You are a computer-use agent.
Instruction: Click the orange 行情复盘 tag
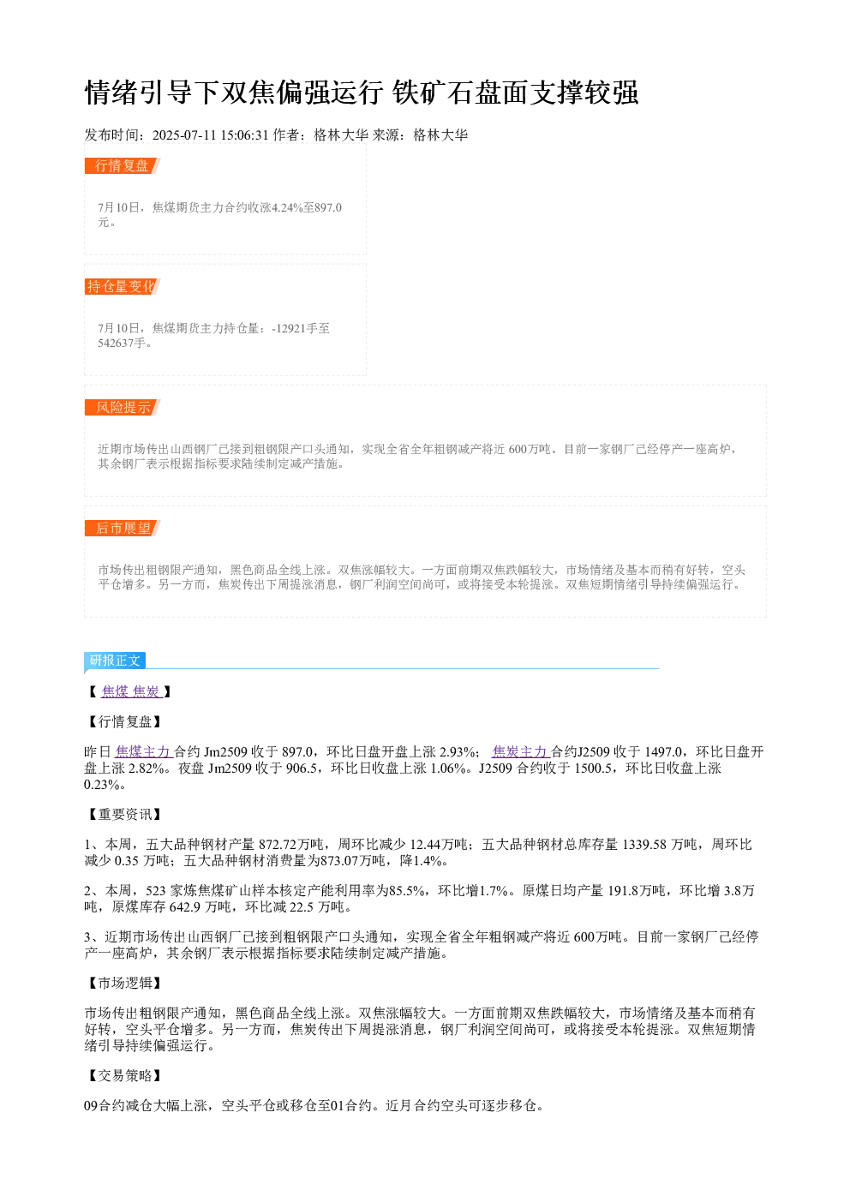pos(123,166)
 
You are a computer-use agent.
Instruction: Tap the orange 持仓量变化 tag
pos(123,286)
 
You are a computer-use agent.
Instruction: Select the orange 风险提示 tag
pos(123,407)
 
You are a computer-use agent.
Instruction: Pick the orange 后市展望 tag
pos(123,528)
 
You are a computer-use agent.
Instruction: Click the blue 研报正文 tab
pos(115,660)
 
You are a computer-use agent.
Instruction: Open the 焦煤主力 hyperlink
pos(143,752)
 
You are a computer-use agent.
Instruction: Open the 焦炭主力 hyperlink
pos(519,752)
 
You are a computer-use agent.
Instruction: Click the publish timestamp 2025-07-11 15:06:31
pos(210,135)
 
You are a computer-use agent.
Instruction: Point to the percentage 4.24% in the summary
pos(287,207)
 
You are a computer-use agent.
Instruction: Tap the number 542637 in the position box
pos(115,343)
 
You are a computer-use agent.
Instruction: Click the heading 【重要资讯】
pos(124,814)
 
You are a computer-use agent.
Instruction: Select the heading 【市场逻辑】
pos(124,983)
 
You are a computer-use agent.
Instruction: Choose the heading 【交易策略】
pos(124,1075)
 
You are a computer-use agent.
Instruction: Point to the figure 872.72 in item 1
pos(278,845)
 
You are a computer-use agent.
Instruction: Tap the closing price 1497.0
pos(663,752)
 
